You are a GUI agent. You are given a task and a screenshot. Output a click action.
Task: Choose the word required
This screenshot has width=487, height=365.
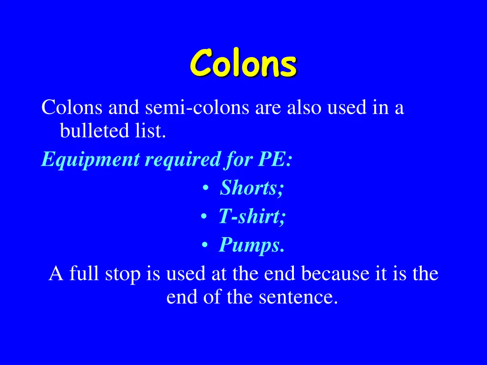coord(182,160)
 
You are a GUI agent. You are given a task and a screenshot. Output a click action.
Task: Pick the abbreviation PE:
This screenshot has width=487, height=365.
coord(275,159)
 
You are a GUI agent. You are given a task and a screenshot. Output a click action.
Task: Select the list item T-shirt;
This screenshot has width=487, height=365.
coord(252,217)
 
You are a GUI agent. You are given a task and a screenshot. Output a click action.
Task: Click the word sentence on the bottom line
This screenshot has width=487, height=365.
coord(298,297)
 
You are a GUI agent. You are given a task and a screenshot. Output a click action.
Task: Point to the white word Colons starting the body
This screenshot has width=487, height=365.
coord(72,108)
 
